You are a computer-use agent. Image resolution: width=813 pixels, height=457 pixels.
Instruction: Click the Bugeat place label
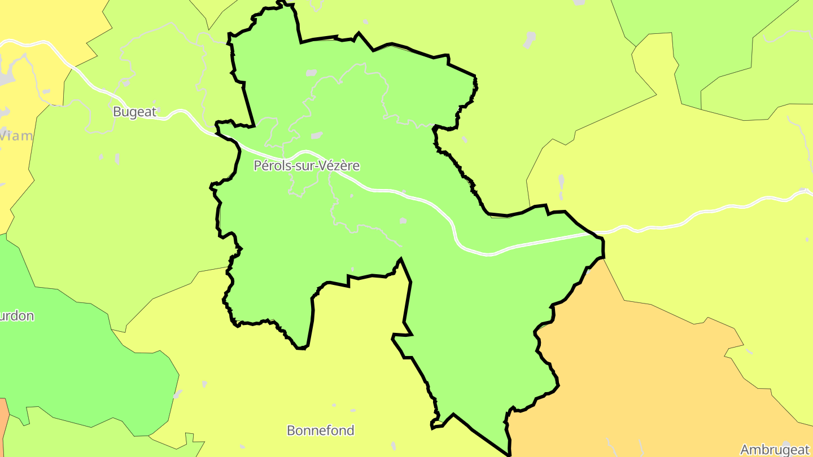coord(134,112)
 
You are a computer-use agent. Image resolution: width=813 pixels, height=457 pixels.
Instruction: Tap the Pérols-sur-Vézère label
coord(307,166)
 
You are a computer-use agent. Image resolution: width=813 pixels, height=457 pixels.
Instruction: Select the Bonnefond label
coord(321,430)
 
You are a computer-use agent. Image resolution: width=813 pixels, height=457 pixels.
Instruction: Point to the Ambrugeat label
coord(775,450)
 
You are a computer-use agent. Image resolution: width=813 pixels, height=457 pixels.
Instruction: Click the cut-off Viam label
coord(16,135)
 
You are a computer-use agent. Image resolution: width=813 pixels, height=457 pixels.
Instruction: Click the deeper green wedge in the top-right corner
coord(706,34)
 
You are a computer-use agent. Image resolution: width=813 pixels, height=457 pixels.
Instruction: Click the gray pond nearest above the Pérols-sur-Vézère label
coord(317,135)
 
